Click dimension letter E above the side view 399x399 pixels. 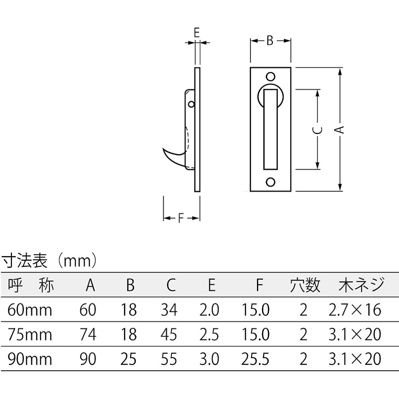(x=196, y=32)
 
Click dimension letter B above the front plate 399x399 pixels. (x=270, y=40)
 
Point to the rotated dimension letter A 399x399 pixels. (x=339, y=130)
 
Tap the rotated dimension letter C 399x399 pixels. (x=317, y=130)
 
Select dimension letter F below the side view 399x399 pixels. (x=181, y=218)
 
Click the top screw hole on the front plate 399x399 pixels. (x=271, y=77)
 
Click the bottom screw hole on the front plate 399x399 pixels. (x=271, y=182)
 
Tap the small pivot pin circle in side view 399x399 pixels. (x=192, y=104)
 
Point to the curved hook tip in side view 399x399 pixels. (x=163, y=148)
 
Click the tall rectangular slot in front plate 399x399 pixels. (x=270, y=129)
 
